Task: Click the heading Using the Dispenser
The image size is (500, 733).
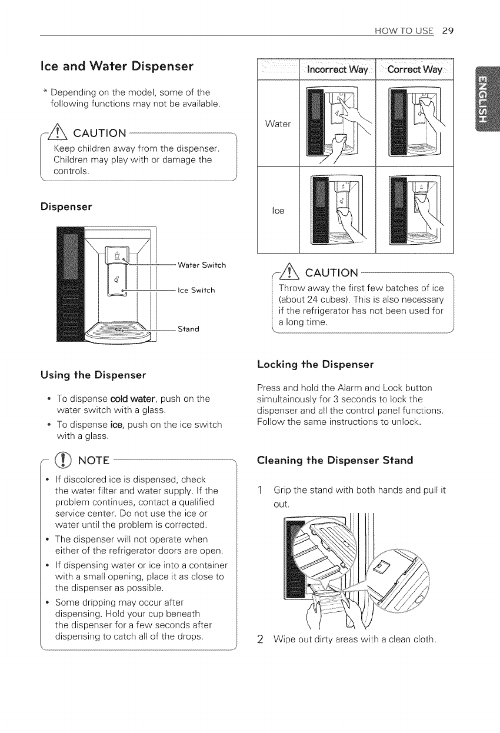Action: coord(93,375)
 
